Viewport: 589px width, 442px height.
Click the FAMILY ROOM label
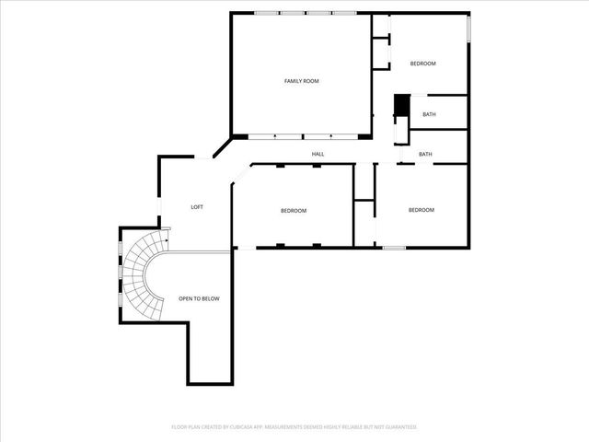pos(301,81)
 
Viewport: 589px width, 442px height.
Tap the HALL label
pos(318,154)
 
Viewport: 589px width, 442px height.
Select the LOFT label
pos(197,207)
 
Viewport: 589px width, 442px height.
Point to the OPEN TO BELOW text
pos(199,298)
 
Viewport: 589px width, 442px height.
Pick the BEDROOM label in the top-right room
pos(422,63)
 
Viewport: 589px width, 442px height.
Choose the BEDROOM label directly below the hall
pos(294,211)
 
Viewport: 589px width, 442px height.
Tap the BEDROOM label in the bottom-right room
pos(421,210)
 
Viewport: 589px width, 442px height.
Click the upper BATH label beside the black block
pos(429,114)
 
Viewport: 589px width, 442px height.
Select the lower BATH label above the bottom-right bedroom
pos(425,154)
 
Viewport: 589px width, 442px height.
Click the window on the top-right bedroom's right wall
pos(468,28)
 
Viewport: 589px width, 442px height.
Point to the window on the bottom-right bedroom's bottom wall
pos(394,248)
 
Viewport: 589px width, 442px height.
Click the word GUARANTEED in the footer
pos(399,427)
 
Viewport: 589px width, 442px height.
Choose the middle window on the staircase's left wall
pos(120,273)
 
